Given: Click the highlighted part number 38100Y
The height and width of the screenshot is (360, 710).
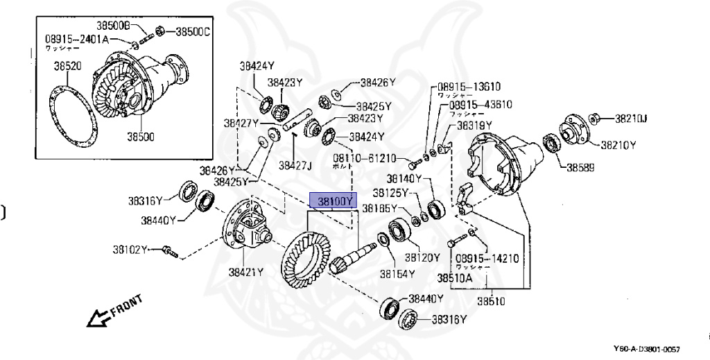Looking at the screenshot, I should coord(335,201).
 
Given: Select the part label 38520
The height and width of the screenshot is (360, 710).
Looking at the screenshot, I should coord(67,67).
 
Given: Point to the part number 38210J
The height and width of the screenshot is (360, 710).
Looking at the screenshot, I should coord(630,119).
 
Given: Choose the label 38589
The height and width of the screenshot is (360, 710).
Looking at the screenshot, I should coord(581,167).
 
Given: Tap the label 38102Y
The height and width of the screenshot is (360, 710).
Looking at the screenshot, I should coord(130,248).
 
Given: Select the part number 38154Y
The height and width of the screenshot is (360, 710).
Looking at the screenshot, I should coord(397,273).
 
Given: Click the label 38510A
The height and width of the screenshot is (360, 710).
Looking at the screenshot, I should coord(454,278).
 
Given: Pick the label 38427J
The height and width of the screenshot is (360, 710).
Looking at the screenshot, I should coord(296,165).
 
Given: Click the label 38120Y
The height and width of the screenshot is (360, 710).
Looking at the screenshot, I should coord(422,257).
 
